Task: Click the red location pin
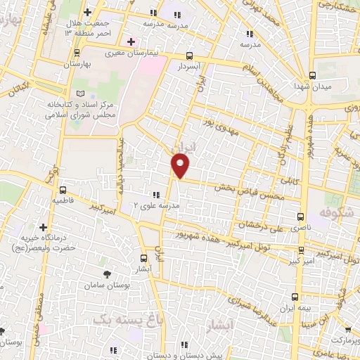tap(181, 165)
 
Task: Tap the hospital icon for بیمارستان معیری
tap(131, 41)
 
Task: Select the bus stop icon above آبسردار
tap(188, 56)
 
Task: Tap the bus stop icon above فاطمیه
tap(63, 190)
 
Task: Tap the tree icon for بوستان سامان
tap(107, 274)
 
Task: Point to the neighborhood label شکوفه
tap(333, 211)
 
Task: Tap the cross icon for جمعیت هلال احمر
tap(87, 13)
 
